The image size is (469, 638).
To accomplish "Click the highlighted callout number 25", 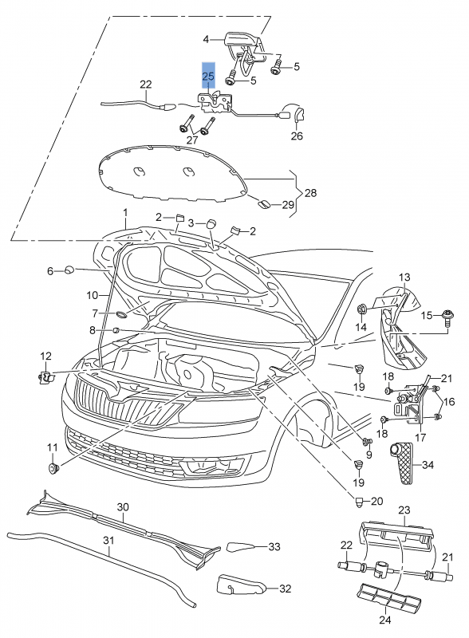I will point(207,77).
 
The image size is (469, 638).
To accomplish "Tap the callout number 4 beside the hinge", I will point(205,38).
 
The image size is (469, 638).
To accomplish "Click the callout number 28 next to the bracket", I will point(310,194).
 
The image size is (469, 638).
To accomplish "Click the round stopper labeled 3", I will point(212,223).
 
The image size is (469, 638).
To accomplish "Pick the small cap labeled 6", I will point(70,270).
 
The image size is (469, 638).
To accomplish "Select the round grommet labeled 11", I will point(54,467).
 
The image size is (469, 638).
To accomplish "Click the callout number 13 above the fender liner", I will point(404,277).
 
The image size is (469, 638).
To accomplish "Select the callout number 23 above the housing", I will point(404,510).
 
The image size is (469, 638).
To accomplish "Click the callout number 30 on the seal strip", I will point(123,507).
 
